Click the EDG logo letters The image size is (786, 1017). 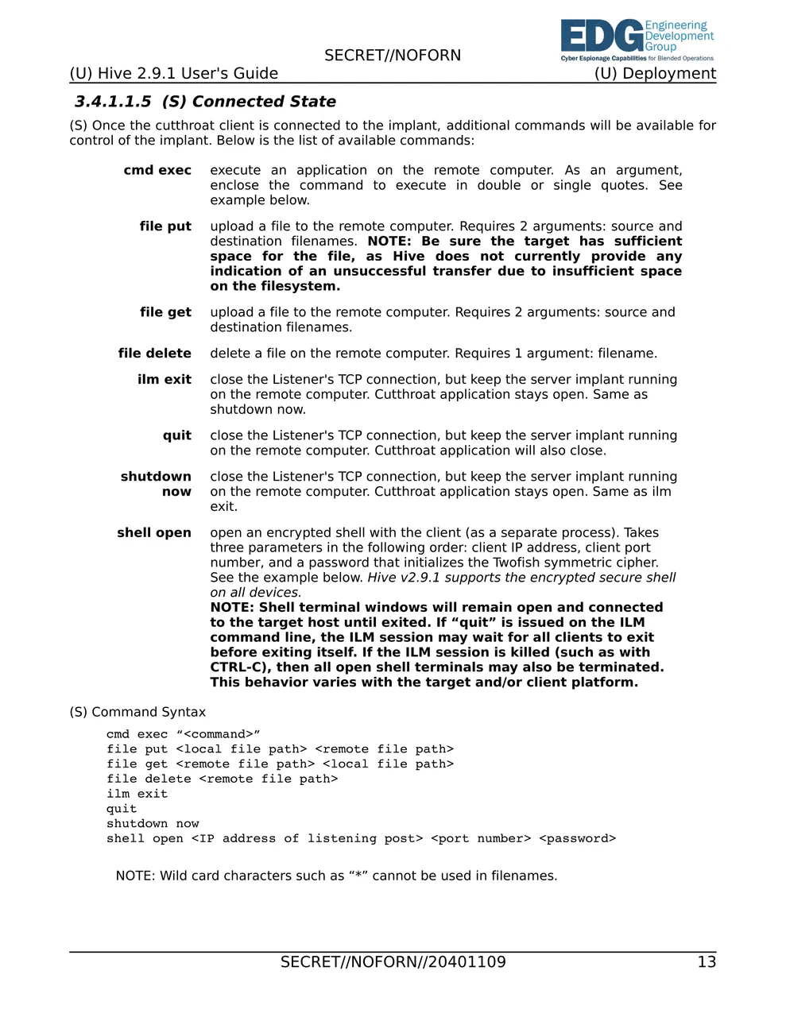point(602,37)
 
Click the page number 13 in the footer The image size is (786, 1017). point(707,962)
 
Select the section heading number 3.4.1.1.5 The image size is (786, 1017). point(113,102)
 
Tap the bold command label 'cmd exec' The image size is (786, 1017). point(157,170)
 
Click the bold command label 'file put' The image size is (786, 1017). point(165,226)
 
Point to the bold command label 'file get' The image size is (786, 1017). point(165,312)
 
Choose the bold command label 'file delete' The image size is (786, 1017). point(155,354)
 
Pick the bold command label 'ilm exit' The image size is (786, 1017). point(165,380)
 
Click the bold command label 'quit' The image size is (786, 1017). point(177,435)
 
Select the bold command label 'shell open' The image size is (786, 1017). point(154,533)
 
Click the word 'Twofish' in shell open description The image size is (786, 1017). point(517,563)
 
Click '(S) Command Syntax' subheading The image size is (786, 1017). point(137,712)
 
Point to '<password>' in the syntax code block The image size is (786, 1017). point(577,839)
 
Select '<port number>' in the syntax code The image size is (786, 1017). point(481,839)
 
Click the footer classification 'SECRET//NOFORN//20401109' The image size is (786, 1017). point(393,962)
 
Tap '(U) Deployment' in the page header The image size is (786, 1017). point(655,74)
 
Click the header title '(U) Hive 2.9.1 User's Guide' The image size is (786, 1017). point(173,74)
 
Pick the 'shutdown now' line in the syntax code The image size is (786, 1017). point(153,824)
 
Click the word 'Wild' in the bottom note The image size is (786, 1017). point(173,876)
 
